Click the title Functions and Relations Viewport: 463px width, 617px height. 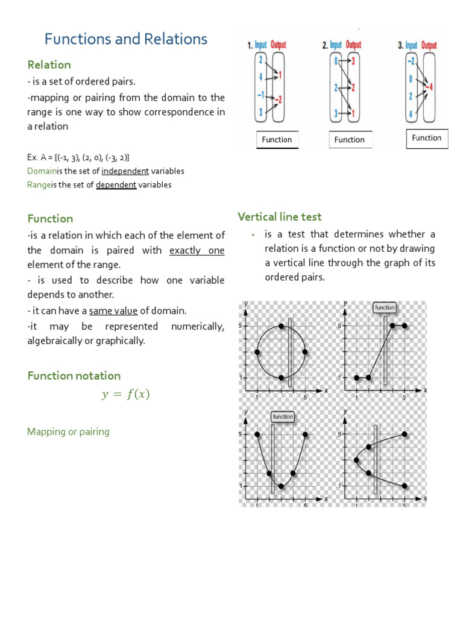tap(126, 39)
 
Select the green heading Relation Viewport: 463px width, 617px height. tap(49, 64)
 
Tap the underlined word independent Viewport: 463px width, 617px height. tap(125, 171)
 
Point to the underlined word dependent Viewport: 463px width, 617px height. tap(116, 185)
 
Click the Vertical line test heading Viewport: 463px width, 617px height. tap(280, 217)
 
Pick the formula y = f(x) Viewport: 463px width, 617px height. tap(125, 395)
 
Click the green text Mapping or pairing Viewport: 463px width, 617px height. tap(68, 431)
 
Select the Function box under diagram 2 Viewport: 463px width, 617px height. tap(350, 140)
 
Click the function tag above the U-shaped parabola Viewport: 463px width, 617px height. tap(282, 416)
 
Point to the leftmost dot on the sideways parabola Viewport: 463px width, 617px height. tap(356, 460)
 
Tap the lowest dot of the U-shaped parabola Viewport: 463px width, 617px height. tap(281, 486)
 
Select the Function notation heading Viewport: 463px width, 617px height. tap(74, 375)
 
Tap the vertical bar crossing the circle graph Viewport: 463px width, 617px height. tap(290, 352)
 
